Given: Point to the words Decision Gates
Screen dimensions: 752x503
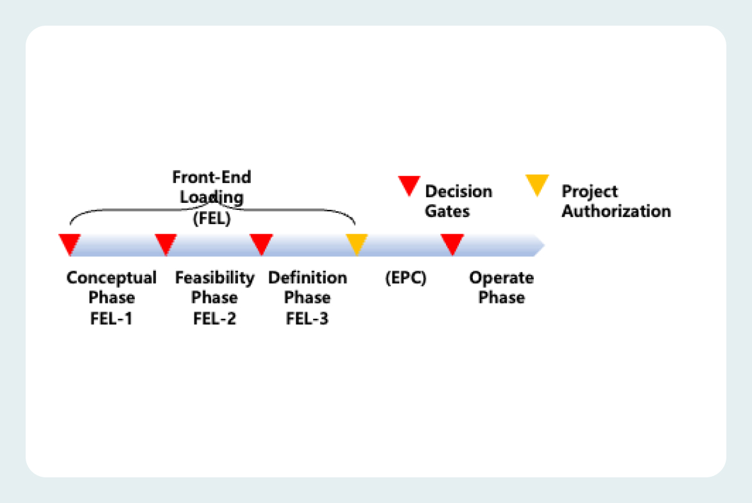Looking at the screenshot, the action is (x=459, y=201).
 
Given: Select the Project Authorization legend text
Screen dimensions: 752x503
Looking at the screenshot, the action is (x=616, y=201).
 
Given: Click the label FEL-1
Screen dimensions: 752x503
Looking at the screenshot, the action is (x=111, y=318).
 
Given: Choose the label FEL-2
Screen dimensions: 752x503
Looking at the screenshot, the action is (x=214, y=318).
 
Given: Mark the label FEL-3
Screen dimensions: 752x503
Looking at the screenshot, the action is (x=307, y=318).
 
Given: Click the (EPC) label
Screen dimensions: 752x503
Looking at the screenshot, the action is (x=406, y=278).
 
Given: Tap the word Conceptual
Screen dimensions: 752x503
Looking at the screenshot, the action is (x=111, y=278).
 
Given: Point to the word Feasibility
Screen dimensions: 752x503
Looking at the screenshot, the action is (x=215, y=278).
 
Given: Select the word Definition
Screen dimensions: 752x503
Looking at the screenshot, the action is (x=307, y=278).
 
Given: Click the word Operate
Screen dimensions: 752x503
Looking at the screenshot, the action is (x=502, y=278).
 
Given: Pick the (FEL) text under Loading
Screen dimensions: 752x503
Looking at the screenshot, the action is (x=212, y=218).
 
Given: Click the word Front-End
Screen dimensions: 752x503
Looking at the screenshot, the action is (x=212, y=178).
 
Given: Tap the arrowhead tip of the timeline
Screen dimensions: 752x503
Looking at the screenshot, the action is (x=545, y=246).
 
